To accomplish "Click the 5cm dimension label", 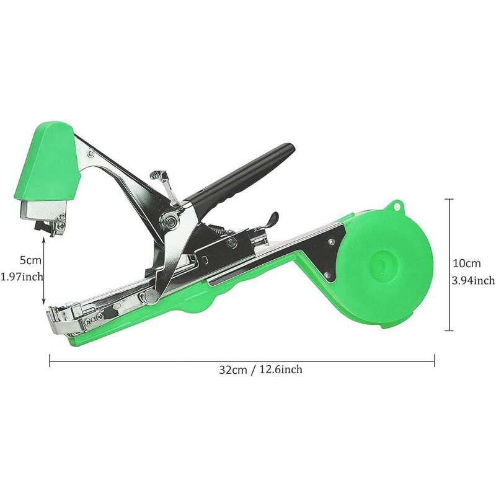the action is [x=30, y=260].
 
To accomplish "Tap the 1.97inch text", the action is [x=22, y=277].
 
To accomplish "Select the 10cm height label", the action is [x=467, y=263].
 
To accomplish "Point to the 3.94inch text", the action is [x=473, y=280].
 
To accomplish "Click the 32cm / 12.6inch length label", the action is [x=260, y=370].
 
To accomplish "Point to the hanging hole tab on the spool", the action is [x=396, y=206].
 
